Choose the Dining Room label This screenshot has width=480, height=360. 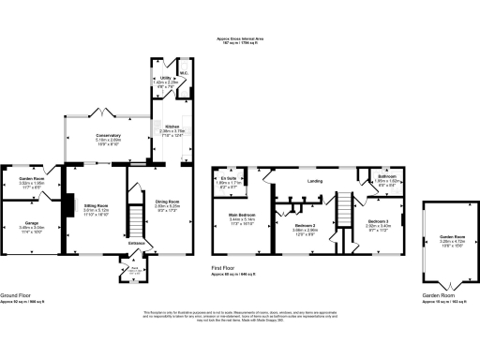pyautogui.click(x=168, y=200)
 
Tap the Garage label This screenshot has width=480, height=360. pyautogui.click(x=32, y=221)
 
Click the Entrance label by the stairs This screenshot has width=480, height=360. pyautogui.click(x=137, y=242)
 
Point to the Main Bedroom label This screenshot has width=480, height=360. pyautogui.click(x=242, y=215)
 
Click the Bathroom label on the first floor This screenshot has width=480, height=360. pyautogui.click(x=386, y=176)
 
